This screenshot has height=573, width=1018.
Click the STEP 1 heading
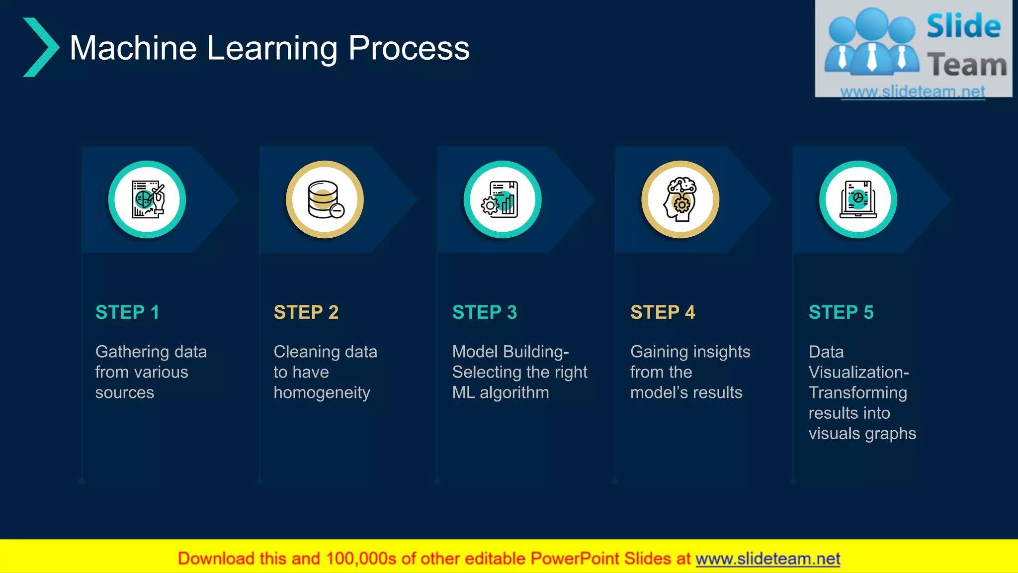tap(127, 312)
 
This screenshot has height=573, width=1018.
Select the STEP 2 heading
tap(306, 312)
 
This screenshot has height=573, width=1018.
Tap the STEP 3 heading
tap(484, 312)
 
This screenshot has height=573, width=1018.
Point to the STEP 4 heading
tap(663, 312)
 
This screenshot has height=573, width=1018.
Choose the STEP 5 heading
tap(841, 312)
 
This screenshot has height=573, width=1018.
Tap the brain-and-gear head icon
tap(680, 199)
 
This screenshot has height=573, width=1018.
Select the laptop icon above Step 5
tap(858, 199)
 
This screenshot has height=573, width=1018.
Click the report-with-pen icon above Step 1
tap(147, 199)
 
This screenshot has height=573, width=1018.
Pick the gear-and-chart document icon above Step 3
tap(502, 199)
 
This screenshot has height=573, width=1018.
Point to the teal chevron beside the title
tap(41, 47)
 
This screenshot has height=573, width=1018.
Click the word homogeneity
tap(322, 393)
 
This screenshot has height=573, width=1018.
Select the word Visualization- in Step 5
tap(858, 372)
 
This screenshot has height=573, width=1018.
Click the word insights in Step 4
tap(720, 352)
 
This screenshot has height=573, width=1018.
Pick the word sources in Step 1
tap(124, 392)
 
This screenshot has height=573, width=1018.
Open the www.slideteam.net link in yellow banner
tap(767, 559)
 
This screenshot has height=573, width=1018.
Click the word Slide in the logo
tap(963, 26)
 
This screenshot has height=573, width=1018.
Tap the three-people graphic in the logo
tap(871, 42)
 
